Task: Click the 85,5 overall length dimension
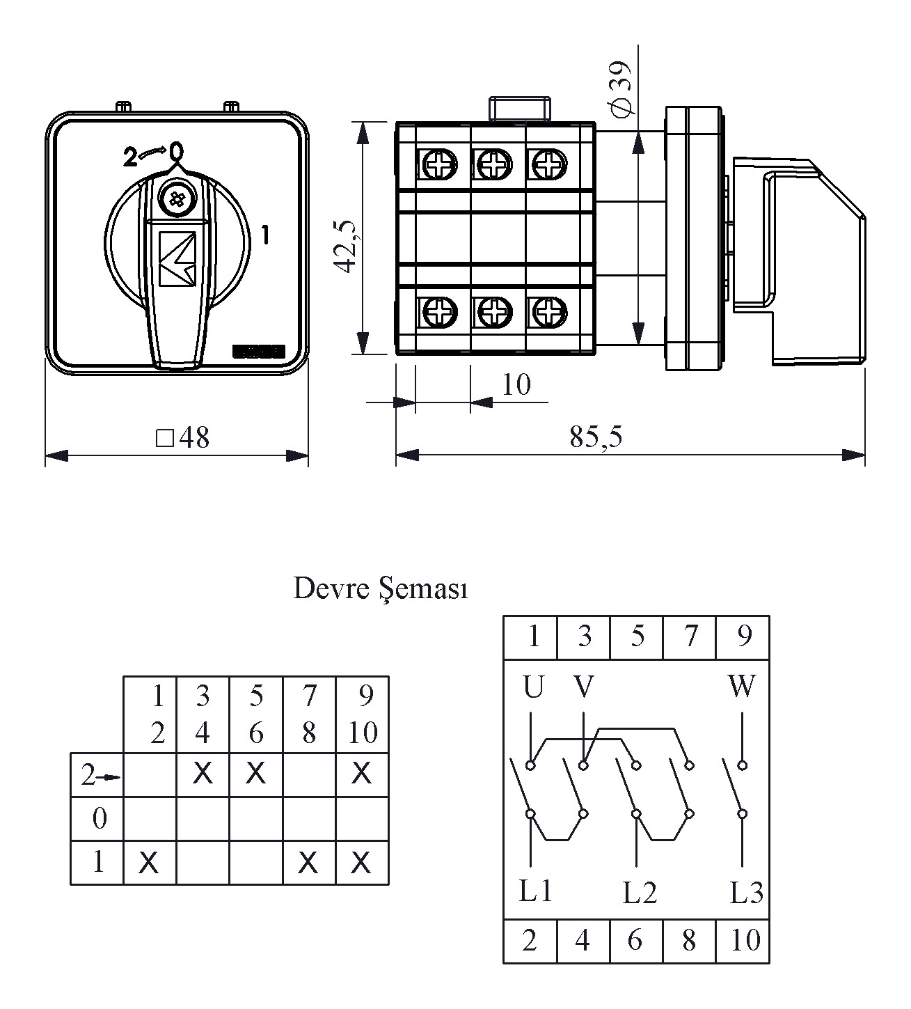click(x=596, y=437)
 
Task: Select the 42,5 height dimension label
click(x=345, y=245)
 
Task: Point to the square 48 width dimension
click(x=183, y=437)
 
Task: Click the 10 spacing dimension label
click(x=516, y=384)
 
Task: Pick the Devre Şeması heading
click(x=380, y=588)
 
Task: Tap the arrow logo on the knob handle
click(x=177, y=258)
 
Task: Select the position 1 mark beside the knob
click(x=265, y=235)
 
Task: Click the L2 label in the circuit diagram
click(x=639, y=893)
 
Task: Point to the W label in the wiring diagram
click(x=742, y=687)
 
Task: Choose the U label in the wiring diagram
click(x=532, y=687)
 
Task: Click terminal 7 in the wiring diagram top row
click(x=690, y=636)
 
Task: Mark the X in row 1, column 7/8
click(x=308, y=863)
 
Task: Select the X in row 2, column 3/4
click(x=203, y=773)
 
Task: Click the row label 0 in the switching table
click(x=98, y=818)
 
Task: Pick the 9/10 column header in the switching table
click(x=363, y=714)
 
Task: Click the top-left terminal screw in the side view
click(x=439, y=165)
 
